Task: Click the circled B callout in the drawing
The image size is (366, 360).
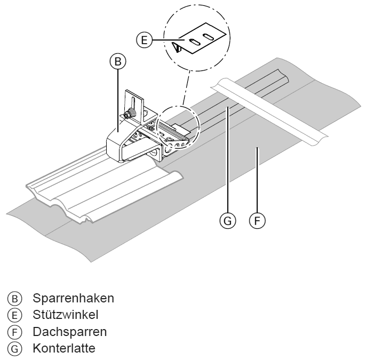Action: pos(118,62)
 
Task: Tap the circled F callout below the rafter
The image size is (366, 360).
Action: pos(258,220)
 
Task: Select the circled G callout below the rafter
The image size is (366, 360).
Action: pos(228,220)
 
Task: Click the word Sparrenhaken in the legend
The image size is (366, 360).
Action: pos(73,297)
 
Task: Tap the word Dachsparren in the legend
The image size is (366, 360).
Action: pos(69,331)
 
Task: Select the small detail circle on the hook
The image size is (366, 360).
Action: pos(177,129)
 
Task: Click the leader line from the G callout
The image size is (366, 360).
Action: pos(228,160)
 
